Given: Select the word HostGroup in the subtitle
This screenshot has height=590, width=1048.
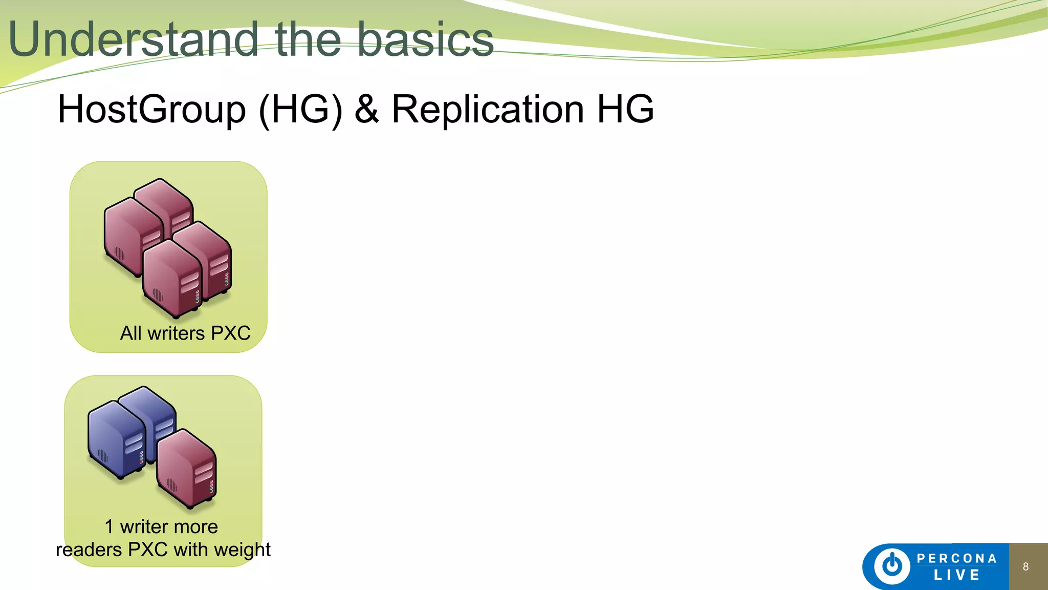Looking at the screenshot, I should point(152,109).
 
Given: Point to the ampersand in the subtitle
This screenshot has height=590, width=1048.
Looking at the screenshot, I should point(367,109).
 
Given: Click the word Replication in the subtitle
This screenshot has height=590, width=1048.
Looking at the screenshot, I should point(487,109).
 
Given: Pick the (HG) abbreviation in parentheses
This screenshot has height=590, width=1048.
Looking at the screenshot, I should point(300,109).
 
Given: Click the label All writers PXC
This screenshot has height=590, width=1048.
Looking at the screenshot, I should point(185,333).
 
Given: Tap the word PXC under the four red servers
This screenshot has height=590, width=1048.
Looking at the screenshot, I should point(231,333).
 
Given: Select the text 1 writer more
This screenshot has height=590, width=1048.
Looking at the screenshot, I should point(161,526).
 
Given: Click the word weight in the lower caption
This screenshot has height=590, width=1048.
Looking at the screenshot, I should point(242,550).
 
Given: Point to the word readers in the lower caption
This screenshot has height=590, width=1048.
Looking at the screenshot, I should point(89,550).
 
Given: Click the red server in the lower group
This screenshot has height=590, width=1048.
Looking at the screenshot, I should point(187,469).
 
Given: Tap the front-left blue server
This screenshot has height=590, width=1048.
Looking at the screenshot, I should point(117,439).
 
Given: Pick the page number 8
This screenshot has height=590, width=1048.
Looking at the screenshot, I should point(1025,566).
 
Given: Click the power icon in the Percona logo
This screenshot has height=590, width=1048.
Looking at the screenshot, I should point(892,566).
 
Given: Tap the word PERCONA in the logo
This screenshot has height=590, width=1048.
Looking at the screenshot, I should point(956,558).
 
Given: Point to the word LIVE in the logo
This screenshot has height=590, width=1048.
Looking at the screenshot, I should point(956,575).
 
